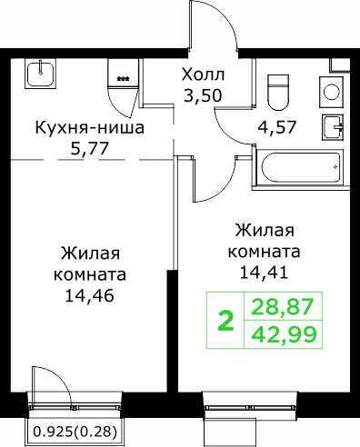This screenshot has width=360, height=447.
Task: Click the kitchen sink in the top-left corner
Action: (x=40, y=73)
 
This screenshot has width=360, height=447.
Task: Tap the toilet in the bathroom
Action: (x=277, y=93)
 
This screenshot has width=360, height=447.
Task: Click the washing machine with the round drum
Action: (x=331, y=93)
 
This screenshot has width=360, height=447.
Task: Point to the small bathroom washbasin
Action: (x=333, y=127)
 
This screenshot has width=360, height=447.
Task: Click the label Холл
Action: (x=203, y=74)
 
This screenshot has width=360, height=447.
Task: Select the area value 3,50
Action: (x=203, y=96)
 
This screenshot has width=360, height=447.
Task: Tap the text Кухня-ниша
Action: (x=90, y=127)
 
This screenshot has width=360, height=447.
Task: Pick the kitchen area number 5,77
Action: (x=89, y=149)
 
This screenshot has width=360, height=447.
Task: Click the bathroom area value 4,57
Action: (x=276, y=127)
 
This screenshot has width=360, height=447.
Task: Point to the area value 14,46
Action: (x=90, y=296)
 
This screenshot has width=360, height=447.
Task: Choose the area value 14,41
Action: (x=264, y=273)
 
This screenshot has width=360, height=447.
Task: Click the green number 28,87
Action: (x=282, y=306)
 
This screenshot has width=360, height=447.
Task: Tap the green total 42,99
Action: (x=284, y=334)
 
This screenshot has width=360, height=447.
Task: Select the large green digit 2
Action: (x=226, y=322)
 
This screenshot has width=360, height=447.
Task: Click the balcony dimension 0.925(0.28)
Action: (x=75, y=432)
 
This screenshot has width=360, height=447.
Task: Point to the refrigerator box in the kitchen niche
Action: (x=123, y=73)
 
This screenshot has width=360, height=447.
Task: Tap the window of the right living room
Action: (x=250, y=407)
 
